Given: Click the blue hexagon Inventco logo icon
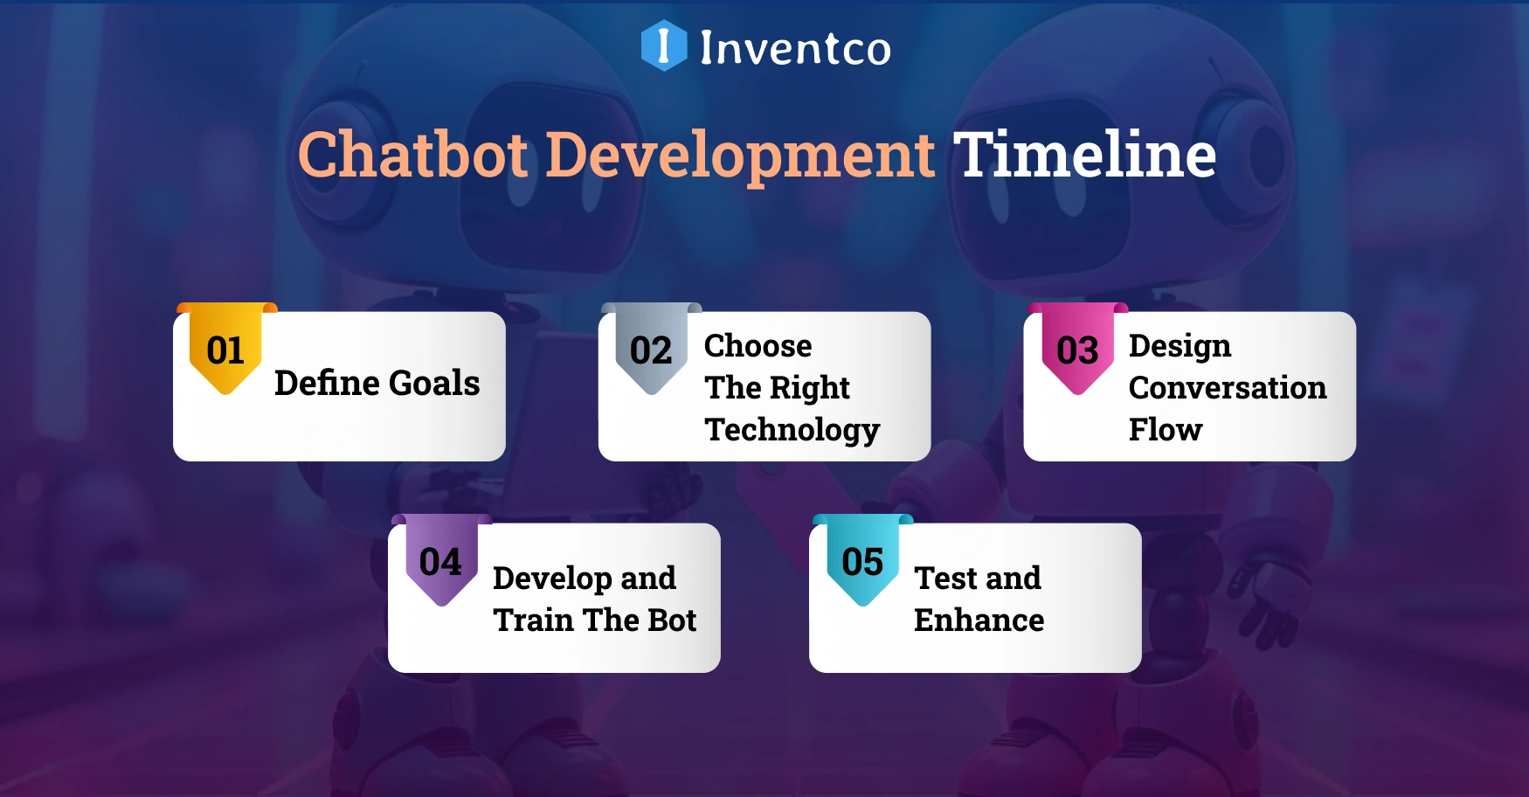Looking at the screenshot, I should point(664,45).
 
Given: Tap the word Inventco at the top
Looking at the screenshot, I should point(795,47).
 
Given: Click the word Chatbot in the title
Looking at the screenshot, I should point(413,155).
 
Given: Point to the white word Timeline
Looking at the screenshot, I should point(1084,155).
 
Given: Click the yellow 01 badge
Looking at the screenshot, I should point(225,350).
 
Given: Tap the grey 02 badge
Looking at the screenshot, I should point(651,350).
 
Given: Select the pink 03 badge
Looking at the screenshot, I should point(1077,350).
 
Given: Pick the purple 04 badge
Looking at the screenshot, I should point(440,561).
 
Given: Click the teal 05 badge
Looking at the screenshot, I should point(862,561).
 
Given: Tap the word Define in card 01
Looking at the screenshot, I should point(327,383).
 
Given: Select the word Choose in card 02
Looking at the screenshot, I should point(758,346).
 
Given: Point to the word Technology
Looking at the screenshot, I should point(792,430).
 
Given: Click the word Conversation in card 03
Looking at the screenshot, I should point(1227,388).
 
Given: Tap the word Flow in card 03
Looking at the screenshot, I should point(1165,430).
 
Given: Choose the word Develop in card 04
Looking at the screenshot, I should point(552,579).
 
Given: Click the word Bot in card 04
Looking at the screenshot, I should point(672,620).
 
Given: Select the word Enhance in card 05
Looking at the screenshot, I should point(979,620).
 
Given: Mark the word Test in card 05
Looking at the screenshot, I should point(945,579).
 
